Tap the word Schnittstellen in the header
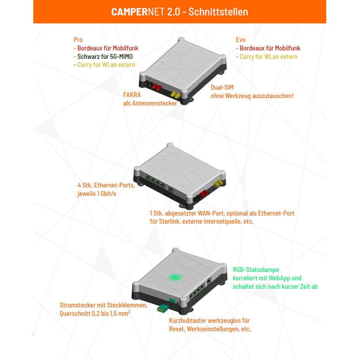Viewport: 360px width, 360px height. pos(218,12)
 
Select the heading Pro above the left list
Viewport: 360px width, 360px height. pos(78,40)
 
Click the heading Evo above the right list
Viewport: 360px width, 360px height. pos(241,40)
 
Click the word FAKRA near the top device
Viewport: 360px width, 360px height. pos(133,95)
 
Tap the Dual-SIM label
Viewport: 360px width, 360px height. pos(222,88)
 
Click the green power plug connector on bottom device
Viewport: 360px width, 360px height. pos(162,308)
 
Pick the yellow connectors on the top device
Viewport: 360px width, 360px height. pos(175,95)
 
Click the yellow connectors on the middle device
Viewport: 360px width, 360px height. pos(219,183)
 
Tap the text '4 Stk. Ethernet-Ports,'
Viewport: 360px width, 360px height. pos(106,185)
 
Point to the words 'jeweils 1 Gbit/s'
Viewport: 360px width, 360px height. pos(97,193)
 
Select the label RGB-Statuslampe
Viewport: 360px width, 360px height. pos(256,270)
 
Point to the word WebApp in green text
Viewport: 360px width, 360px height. pos(280,278)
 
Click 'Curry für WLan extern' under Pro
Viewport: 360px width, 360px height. pos(106,65)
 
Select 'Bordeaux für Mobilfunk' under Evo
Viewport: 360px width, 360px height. pos(270,48)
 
